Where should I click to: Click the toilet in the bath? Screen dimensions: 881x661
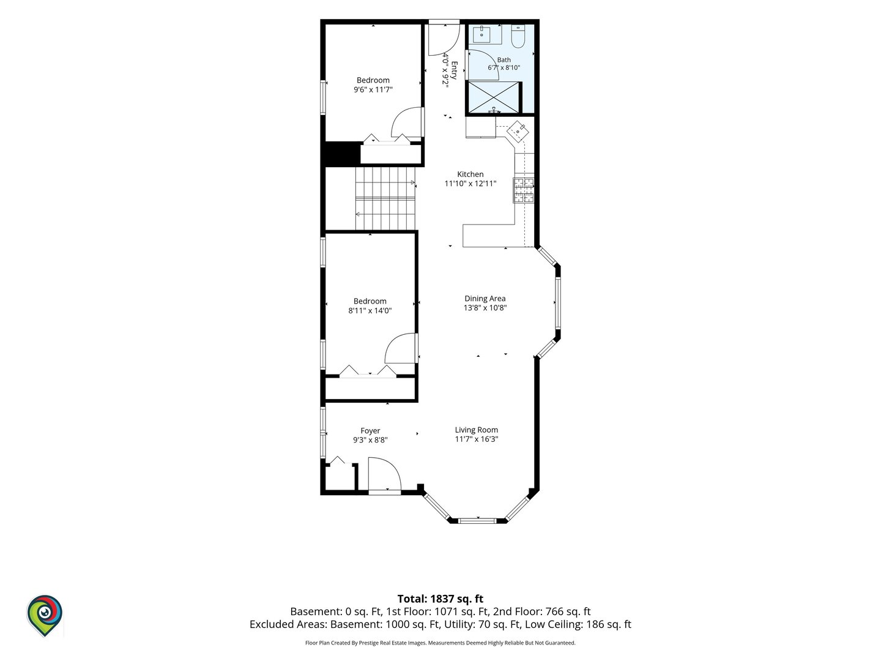pyautogui.click(x=518, y=37)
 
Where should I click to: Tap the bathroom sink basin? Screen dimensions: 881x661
pyautogui.click(x=481, y=34)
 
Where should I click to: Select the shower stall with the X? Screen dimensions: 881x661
pyautogui.click(x=493, y=97)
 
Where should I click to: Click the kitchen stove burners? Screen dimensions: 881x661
pyautogui.click(x=524, y=190)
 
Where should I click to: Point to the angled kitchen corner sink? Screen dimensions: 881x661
pyautogui.click(x=518, y=131)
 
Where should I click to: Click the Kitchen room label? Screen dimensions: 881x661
pyautogui.click(x=470, y=174)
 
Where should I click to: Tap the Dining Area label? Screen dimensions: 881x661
pyautogui.click(x=485, y=299)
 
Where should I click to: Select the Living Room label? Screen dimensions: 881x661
pyautogui.click(x=477, y=430)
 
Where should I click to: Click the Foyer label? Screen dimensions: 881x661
pyautogui.click(x=370, y=431)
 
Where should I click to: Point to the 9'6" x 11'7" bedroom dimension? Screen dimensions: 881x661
pyautogui.click(x=373, y=89)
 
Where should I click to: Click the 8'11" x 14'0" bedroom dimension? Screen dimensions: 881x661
pyautogui.click(x=370, y=310)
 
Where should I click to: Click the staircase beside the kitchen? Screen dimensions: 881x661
pyautogui.click(x=385, y=198)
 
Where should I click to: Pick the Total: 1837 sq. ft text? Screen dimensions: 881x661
pyautogui.click(x=441, y=599)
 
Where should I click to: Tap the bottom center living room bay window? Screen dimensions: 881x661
pyautogui.click(x=478, y=521)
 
